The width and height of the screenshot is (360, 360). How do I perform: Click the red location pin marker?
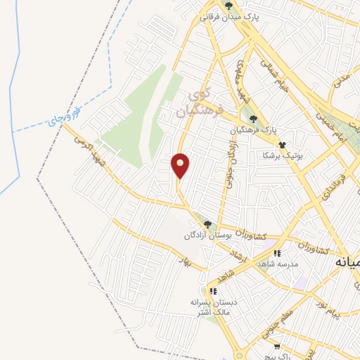click(x=181, y=165)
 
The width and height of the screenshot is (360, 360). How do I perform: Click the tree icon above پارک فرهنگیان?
click(x=253, y=119)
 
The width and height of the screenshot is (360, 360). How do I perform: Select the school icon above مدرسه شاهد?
click(x=278, y=252)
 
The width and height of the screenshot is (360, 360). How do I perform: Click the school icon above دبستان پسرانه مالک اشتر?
click(x=212, y=290)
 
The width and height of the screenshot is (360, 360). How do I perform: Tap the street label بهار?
click(x=186, y=262)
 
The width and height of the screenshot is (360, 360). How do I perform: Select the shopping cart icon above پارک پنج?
click(x=277, y=346)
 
